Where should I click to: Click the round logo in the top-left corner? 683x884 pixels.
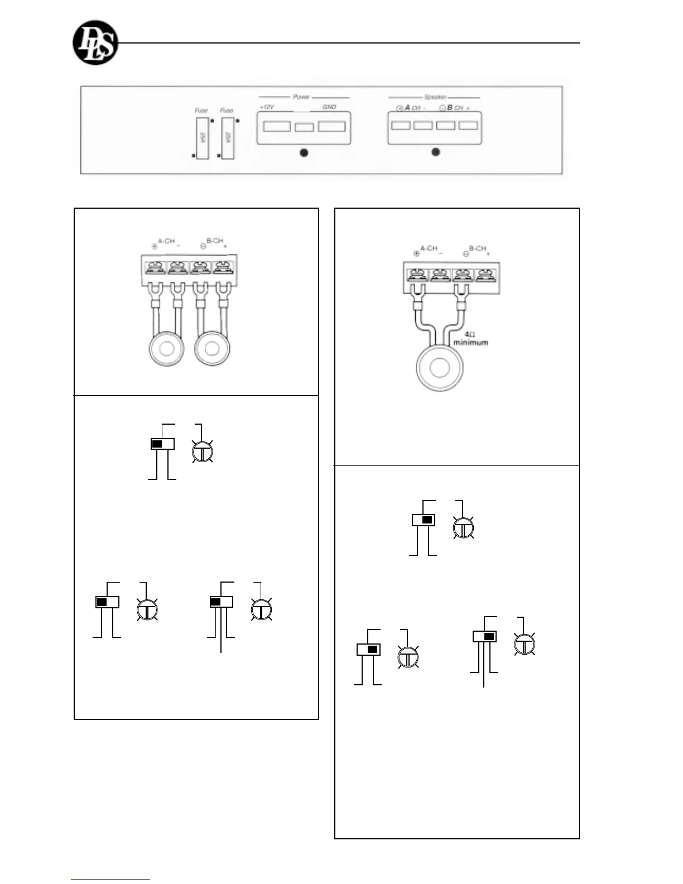[95, 43]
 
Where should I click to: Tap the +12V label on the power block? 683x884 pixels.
[267, 107]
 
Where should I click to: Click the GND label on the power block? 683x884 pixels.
[329, 107]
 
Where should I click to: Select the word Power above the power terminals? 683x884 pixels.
[301, 97]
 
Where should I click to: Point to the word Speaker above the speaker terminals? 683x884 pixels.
[435, 97]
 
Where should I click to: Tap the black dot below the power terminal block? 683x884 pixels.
[304, 153]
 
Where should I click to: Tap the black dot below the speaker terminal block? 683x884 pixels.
[436, 152]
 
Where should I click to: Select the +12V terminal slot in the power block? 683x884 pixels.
[277, 126]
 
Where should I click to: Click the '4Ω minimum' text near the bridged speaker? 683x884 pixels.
[470, 339]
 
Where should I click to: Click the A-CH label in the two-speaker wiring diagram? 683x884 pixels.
[166, 241]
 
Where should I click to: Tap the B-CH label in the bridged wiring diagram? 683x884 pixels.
[477, 248]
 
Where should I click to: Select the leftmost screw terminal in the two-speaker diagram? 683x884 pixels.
[153, 268]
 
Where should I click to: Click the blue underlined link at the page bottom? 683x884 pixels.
[110, 880]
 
